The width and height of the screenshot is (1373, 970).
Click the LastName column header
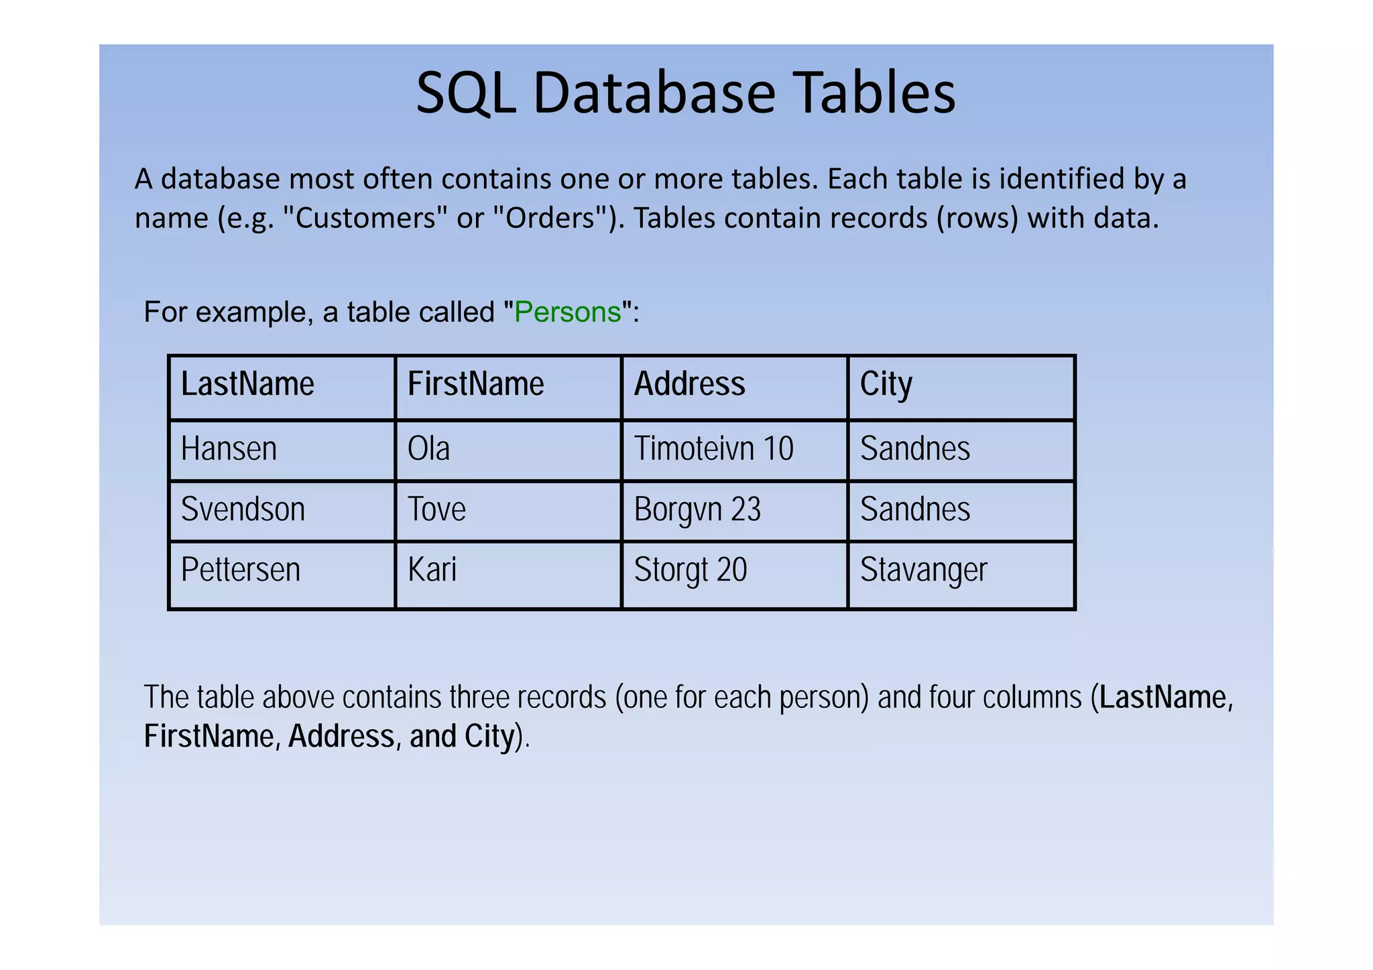[x=247, y=385]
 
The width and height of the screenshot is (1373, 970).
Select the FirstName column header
[x=475, y=385]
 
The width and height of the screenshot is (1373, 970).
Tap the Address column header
[x=689, y=385]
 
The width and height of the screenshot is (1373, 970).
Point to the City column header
[x=886, y=385]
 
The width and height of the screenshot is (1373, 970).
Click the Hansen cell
[x=229, y=449]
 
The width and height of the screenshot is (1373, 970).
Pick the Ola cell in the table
[x=428, y=449]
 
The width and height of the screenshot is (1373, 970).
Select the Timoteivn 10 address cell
[x=713, y=449]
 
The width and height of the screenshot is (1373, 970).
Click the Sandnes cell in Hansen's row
[x=914, y=449]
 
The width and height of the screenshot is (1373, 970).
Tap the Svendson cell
[x=243, y=509]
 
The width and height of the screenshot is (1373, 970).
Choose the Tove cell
[x=436, y=509]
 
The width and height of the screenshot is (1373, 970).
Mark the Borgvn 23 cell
[x=697, y=509]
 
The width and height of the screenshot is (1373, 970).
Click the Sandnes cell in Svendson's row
[x=914, y=509]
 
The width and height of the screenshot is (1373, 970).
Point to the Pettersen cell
[x=240, y=570]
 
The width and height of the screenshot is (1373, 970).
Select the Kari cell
[x=432, y=570]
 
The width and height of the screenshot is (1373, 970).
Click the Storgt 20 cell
[x=690, y=570]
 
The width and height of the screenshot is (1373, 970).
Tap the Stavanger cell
[x=923, y=570]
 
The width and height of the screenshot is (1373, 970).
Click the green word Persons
[x=567, y=312]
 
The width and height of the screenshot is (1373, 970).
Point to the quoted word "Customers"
[x=365, y=219]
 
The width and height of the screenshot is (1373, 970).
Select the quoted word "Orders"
[x=550, y=219]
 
